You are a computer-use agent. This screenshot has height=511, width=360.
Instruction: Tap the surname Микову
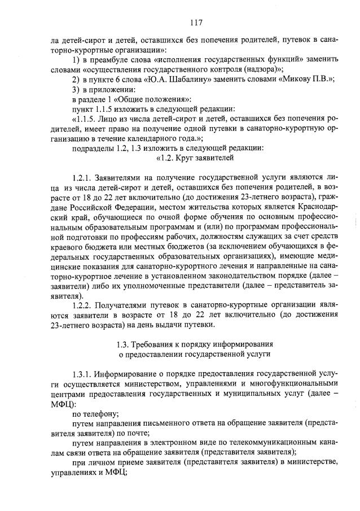pos(296,80)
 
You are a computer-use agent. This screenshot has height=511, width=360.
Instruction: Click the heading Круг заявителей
pos(200,158)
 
